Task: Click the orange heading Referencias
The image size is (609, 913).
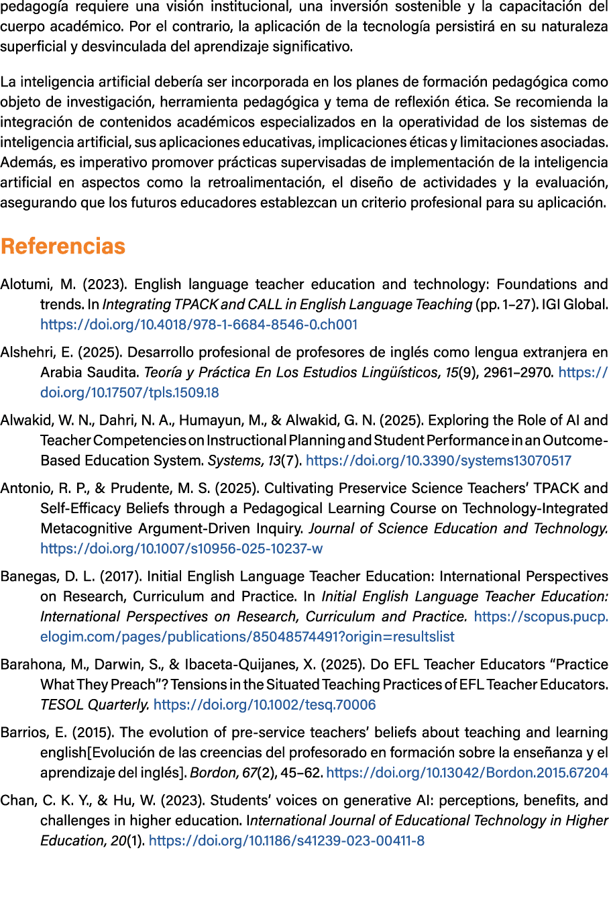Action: pyautogui.click(x=63, y=246)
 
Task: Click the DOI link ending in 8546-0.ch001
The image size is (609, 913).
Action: pyautogui.click(x=199, y=325)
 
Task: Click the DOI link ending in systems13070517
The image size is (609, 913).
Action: pyautogui.click(x=439, y=461)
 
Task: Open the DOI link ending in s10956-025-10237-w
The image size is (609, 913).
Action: pyautogui.click(x=181, y=549)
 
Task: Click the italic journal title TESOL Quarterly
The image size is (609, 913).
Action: pyautogui.click(x=95, y=705)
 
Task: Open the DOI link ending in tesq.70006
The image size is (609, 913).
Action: pyautogui.click(x=264, y=705)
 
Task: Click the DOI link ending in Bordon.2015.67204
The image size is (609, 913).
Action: pyautogui.click(x=467, y=773)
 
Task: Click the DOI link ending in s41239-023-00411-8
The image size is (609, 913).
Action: pyautogui.click(x=286, y=841)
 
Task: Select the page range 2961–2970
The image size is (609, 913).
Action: pyautogui.click(x=518, y=372)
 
